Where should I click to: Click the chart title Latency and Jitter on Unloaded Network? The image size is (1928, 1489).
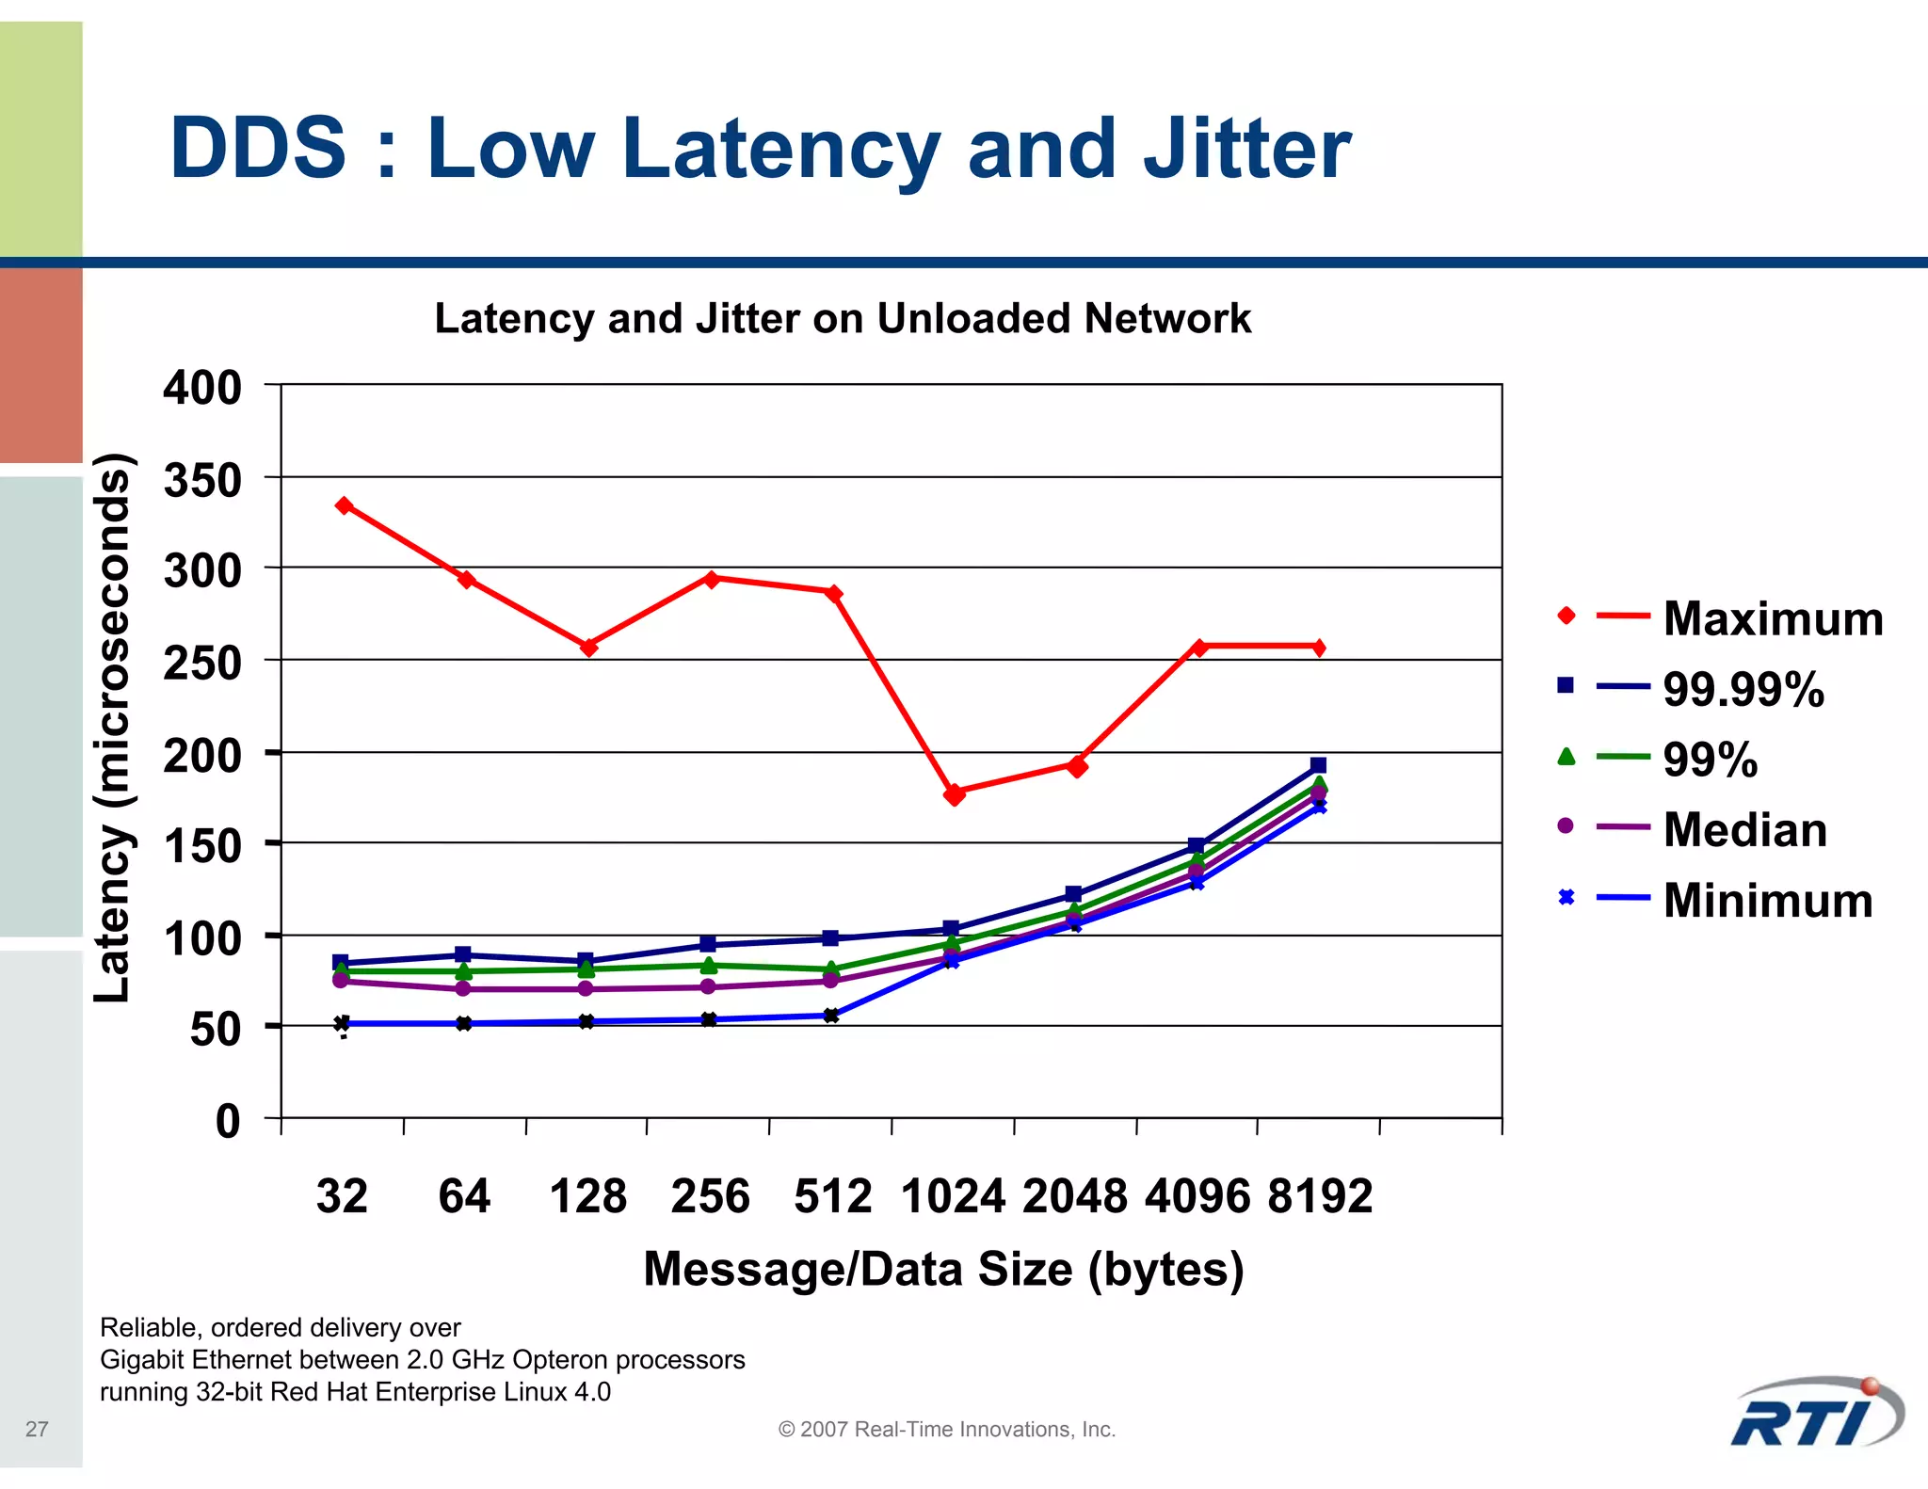click(843, 318)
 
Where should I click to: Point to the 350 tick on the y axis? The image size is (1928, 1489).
click(202, 480)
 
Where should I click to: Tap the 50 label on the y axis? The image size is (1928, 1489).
click(216, 1029)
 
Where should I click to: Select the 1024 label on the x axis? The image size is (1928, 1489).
click(953, 1196)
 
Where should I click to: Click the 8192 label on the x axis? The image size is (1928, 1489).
click(1319, 1196)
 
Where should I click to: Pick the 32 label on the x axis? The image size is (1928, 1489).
click(342, 1196)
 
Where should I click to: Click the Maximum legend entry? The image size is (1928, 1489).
click(1773, 618)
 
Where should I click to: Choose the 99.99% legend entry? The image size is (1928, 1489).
click(1743, 689)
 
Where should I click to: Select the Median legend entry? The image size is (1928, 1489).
click(1744, 830)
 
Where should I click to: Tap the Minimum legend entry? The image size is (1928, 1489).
click(1767, 900)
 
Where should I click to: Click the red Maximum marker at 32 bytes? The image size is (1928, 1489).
click(345, 505)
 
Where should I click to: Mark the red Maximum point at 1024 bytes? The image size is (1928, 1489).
click(954, 794)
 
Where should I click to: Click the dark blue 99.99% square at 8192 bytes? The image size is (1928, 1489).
click(1318, 765)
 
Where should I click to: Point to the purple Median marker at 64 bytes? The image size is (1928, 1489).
click(463, 988)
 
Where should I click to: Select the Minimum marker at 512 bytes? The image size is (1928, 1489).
click(830, 1016)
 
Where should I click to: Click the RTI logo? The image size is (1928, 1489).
click(1816, 1414)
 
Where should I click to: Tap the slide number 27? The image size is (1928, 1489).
click(37, 1429)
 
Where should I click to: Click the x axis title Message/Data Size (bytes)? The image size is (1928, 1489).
click(943, 1269)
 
